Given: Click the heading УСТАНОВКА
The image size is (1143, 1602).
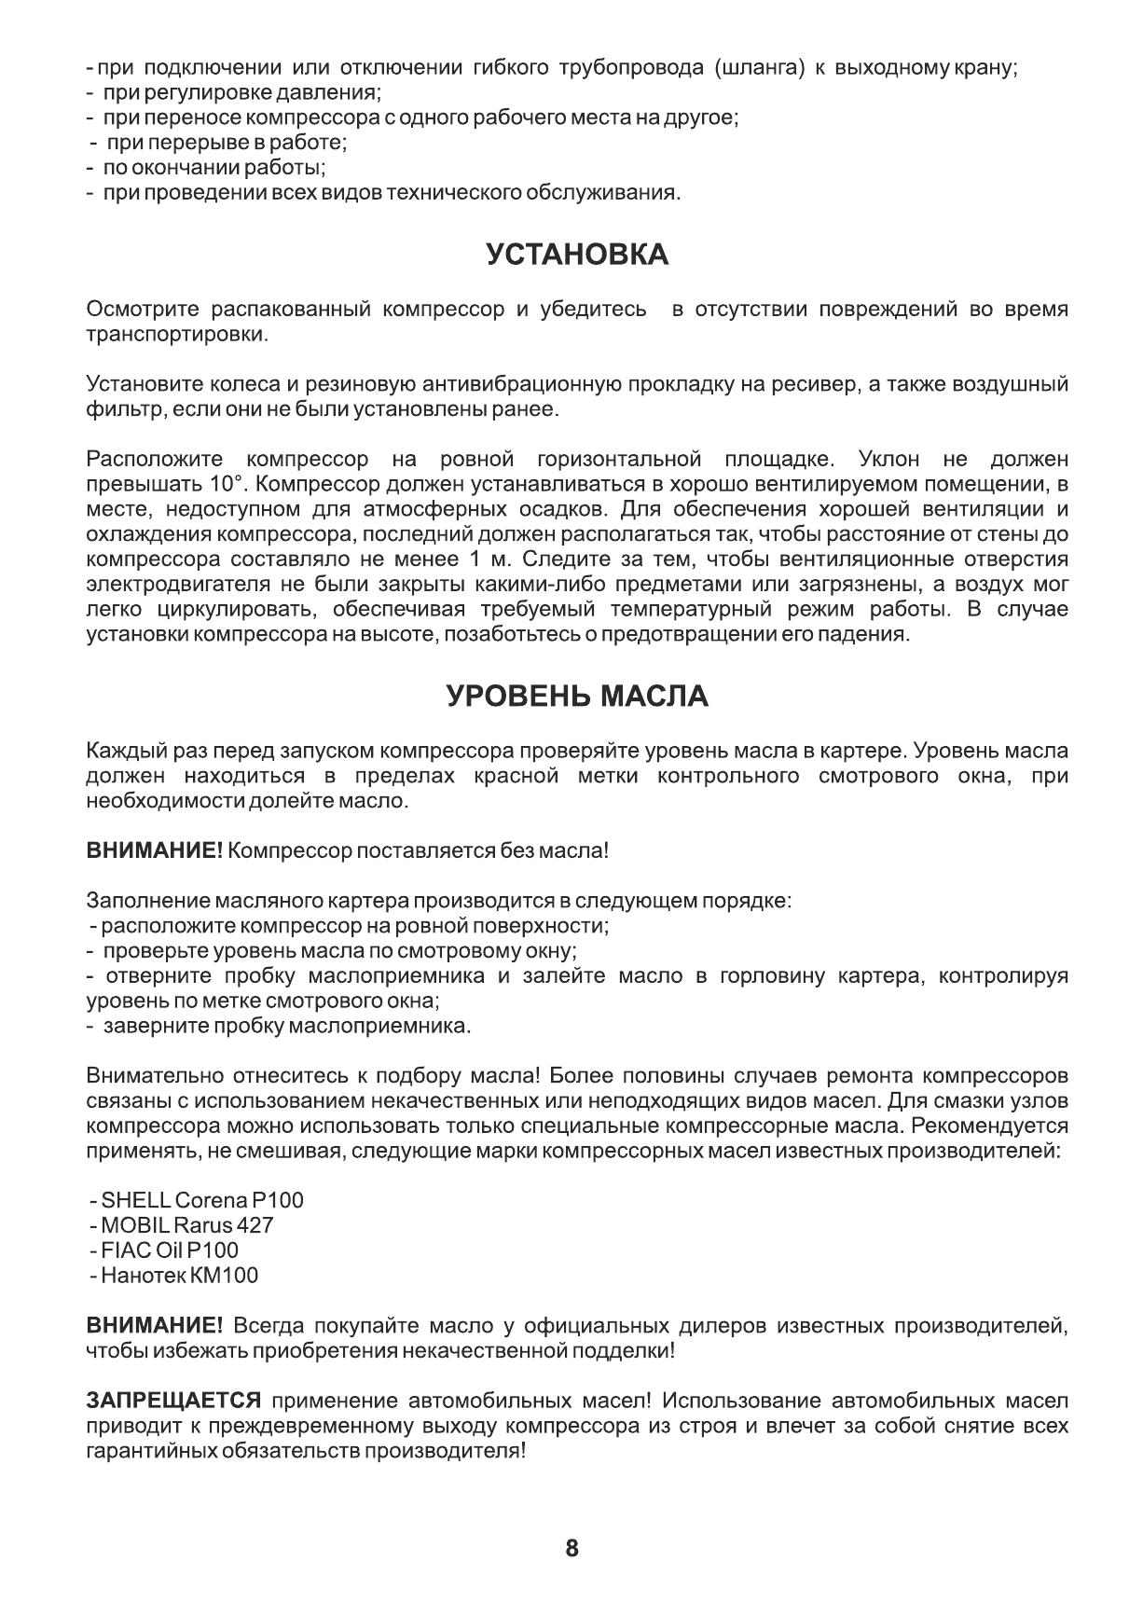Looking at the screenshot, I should [577, 255].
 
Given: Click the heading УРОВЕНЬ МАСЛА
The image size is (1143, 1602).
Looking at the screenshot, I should [577, 697].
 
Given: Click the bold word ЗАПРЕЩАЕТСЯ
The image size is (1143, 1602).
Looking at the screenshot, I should [172, 1402].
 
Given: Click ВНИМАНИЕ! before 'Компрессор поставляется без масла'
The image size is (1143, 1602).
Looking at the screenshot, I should [154, 851].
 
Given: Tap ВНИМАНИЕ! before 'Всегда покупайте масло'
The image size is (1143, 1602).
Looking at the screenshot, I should [154, 1326].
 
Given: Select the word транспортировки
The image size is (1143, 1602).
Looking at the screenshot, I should [176, 335].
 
